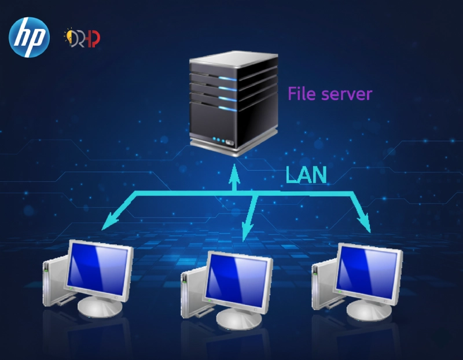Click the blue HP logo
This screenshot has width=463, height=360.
(x=29, y=37)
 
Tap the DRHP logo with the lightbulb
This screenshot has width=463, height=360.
(x=82, y=38)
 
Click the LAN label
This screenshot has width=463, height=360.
(x=306, y=175)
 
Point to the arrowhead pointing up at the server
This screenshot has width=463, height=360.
(x=234, y=172)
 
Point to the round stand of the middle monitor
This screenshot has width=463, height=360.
(x=239, y=318)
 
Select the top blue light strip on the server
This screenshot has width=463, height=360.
(x=227, y=79)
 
